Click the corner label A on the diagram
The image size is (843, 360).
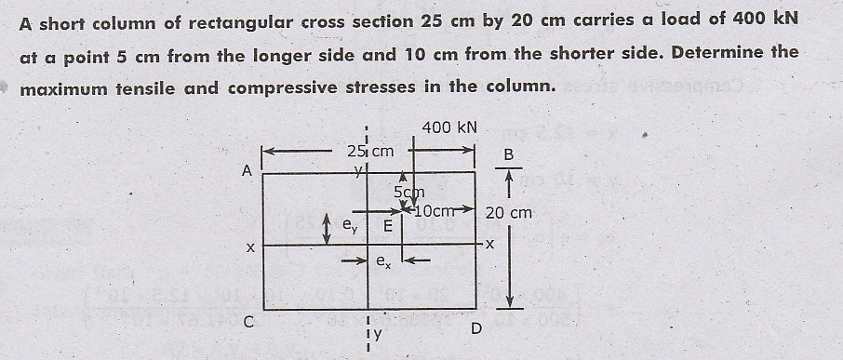[x=247, y=171]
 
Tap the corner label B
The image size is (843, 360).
[x=508, y=153]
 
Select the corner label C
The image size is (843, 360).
[x=247, y=324]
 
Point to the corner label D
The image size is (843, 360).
[x=477, y=328]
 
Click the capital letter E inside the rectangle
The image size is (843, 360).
[x=388, y=224]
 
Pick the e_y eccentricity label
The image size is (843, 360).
[x=348, y=224]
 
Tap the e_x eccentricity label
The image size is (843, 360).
[x=382, y=263]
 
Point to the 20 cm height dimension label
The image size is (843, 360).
[x=509, y=213]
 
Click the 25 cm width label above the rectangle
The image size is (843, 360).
[x=369, y=151]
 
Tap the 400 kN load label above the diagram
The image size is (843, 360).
[x=449, y=127]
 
